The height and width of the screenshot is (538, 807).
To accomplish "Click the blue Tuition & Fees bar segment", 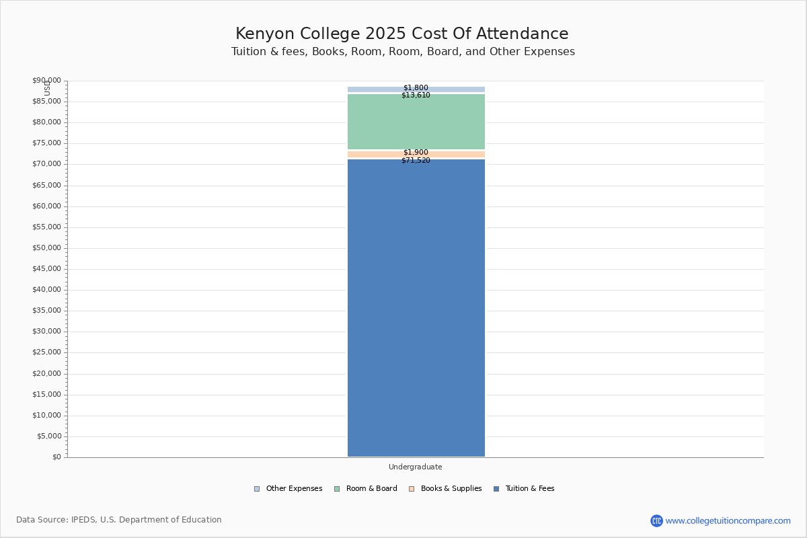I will tap(416, 309).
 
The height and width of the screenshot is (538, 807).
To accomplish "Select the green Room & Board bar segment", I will tap(416, 122).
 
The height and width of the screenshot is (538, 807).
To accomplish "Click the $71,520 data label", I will tap(416, 161).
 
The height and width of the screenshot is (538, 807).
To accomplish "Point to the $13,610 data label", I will tap(416, 95).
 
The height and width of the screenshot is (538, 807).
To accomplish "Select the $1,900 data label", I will tap(416, 153).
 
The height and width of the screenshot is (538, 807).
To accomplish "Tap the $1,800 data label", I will tap(416, 88).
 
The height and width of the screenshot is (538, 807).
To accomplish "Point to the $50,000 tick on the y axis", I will tap(47, 248).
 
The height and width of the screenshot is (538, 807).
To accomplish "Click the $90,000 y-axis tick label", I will tap(47, 81).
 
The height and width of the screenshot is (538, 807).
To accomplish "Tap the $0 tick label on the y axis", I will tap(56, 457).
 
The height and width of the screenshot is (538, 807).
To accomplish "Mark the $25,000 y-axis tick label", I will tap(47, 352).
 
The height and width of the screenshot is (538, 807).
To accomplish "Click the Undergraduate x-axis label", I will tap(416, 467).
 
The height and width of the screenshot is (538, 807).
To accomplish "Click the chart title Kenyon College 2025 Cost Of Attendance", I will tap(402, 34).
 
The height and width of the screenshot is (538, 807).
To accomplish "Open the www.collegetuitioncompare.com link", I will tap(728, 521).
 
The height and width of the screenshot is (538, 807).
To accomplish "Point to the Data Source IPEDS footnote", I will tap(119, 520).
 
